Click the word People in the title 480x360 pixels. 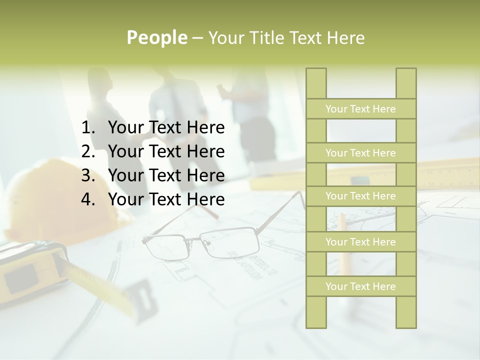point(157,37)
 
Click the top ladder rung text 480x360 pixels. point(360,109)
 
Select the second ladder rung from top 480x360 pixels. point(360,153)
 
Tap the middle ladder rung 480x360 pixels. point(360,196)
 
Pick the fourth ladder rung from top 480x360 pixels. point(360,242)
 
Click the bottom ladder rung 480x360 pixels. point(360,286)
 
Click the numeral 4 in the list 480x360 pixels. point(87,199)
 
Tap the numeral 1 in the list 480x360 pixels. point(87,128)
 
